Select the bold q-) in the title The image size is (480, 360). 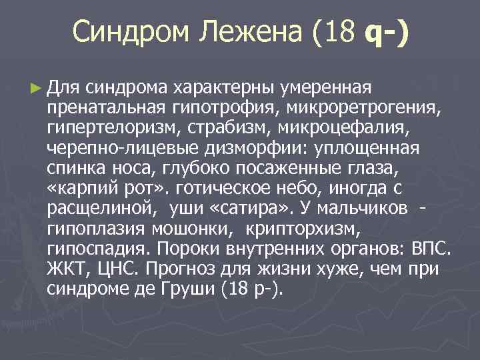[386, 31]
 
